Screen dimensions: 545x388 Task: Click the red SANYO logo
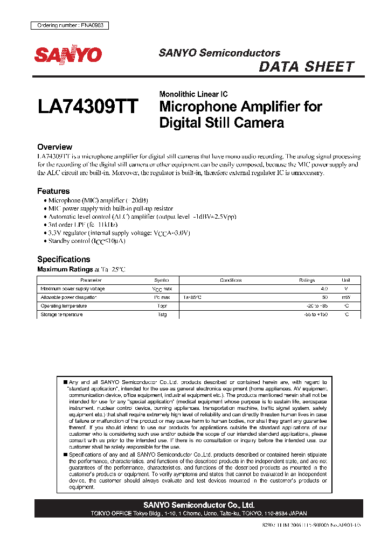(68, 54)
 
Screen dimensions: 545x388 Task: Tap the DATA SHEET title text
(306, 67)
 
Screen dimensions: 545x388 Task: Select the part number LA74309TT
(88, 106)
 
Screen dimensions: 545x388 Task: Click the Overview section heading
(54, 147)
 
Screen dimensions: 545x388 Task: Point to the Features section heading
(53, 191)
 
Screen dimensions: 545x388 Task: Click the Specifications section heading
(64, 259)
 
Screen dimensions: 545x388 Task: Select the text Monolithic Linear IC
(193, 94)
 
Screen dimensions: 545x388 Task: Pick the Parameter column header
(91, 280)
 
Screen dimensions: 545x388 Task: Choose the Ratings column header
(307, 280)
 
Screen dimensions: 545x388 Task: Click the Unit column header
(345, 280)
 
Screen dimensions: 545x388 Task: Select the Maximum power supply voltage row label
(73, 289)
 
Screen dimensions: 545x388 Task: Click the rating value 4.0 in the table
(324, 289)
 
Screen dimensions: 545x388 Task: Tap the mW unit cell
(345, 297)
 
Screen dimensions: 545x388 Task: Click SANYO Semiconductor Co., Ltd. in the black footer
(199, 505)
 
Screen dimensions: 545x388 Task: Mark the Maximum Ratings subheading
(60, 269)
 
